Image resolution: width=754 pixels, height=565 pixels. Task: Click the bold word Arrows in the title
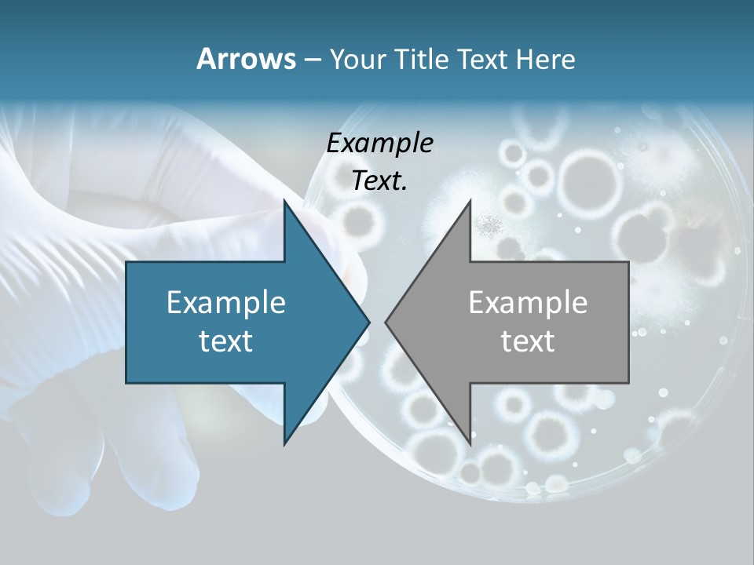point(245,59)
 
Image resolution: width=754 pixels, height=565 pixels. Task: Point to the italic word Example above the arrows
point(380,143)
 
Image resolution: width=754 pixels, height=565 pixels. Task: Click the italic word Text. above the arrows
point(380,180)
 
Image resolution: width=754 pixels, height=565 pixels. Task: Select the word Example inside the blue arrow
point(226,302)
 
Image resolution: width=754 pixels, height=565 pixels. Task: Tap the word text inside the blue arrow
point(226,341)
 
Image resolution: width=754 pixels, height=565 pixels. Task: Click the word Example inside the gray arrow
point(528,302)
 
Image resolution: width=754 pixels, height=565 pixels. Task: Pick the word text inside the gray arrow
point(528,341)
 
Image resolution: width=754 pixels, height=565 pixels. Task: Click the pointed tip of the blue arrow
point(368,322)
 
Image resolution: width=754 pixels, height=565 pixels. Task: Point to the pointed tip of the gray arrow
point(386,322)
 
